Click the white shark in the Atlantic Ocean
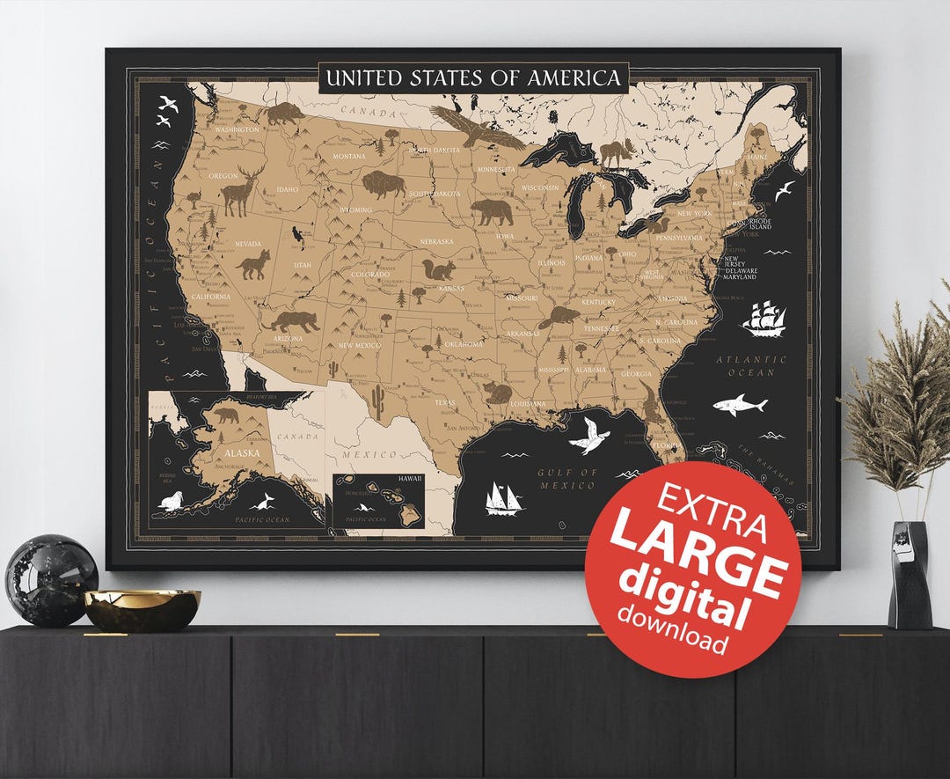pyautogui.click(x=739, y=405)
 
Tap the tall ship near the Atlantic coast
pyautogui.click(x=764, y=319)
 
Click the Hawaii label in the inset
pyautogui.click(x=410, y=478)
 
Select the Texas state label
pyautogui.click(x=445, y=403)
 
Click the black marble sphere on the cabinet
pyautogui.click(x=51, y=581)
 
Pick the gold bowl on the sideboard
pyautogui.click(x=142, y=608)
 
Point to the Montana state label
pyautogui.click(x=348, y=157)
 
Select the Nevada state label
pyautogui.click(x=247, y=244)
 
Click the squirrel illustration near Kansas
pyautogui.click(x=437, y=269)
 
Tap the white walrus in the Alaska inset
pyautogui.click(x=171, y=502)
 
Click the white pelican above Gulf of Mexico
pyautogui.click(x=588, y=435)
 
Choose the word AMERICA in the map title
pyautogui.click(x=574, y=78)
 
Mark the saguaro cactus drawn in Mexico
pyautogui.click(x=378, y=401)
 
